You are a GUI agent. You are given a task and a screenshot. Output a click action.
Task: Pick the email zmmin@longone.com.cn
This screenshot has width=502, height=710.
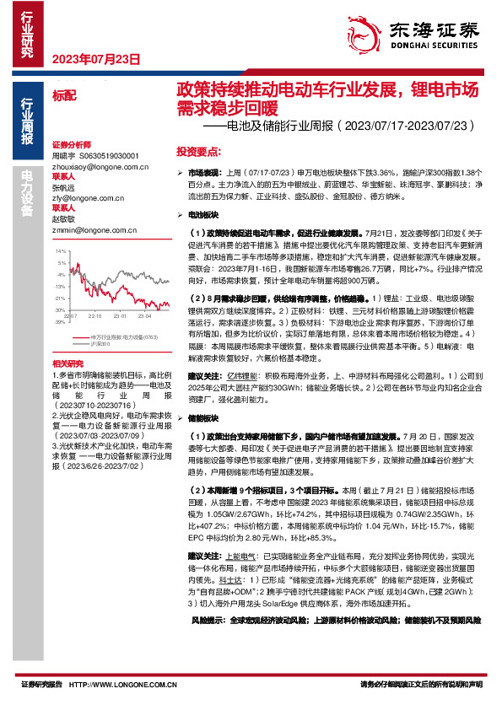click(x=88, y=229)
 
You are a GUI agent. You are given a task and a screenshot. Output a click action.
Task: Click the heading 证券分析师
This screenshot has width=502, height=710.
click(x=70, y=145)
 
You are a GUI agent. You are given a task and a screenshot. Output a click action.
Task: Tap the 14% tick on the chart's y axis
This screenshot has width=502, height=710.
click(x=60, y=251)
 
